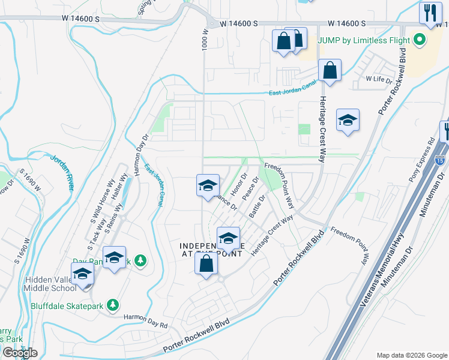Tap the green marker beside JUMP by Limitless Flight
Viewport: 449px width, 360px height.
419,41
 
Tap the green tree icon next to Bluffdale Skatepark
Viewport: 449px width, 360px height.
112,305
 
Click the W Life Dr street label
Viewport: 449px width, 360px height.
379,79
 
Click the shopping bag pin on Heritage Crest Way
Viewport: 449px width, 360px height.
330,71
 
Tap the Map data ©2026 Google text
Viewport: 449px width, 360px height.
411,355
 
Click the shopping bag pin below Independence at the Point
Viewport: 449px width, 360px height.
206,263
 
